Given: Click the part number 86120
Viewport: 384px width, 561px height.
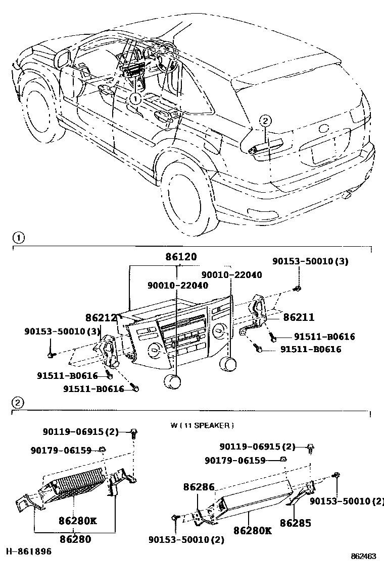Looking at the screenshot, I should [x=181, y=257].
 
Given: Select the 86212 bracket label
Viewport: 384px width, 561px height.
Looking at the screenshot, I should [x=101, y=318].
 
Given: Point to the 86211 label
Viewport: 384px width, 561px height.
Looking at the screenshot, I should [x=299, y=317].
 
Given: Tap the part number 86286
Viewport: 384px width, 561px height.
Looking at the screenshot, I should [x=199, y=487].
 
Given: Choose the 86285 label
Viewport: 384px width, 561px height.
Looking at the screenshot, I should [x=296, y=523].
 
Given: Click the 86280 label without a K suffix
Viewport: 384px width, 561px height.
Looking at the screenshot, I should [x=75, y=539].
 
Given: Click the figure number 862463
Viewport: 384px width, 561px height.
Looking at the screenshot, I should [x=363, y=555].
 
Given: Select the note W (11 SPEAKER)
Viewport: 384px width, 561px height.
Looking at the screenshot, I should [x=202, y=426].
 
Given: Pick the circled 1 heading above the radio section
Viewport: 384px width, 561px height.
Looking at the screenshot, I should [x=17, y=237].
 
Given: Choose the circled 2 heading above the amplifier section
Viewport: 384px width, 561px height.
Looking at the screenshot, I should [x=17, y=403].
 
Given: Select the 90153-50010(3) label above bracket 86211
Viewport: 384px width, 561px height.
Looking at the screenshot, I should [x=310, y=261].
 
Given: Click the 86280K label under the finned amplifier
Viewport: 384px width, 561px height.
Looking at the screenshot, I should [x=77, y=520].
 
